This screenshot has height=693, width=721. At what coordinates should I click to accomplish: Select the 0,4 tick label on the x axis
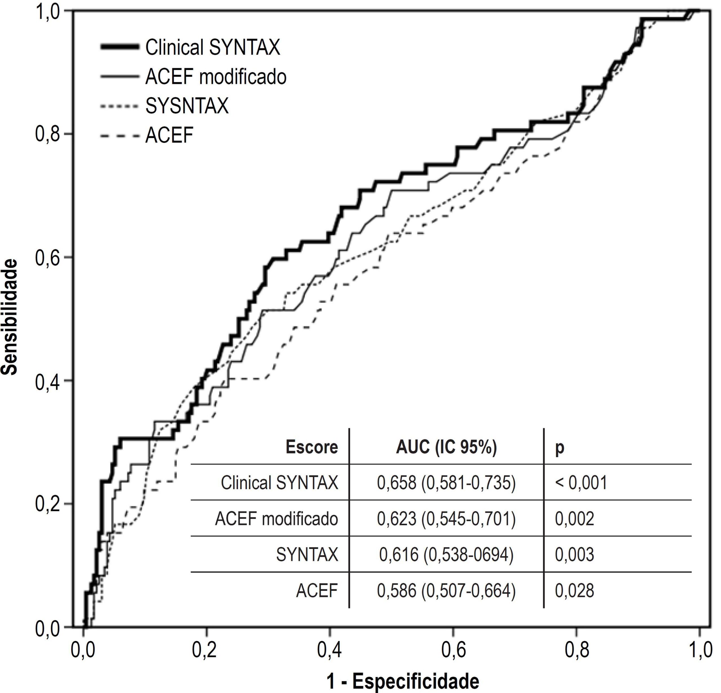coord(330,650)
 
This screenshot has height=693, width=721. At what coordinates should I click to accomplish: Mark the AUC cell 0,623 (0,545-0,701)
coord(446,519)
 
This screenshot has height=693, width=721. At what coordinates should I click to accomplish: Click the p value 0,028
coord(574,591)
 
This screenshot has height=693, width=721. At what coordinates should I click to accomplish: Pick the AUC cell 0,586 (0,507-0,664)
coord(446,591)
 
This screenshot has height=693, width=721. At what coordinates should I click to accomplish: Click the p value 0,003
coord(574,555)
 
